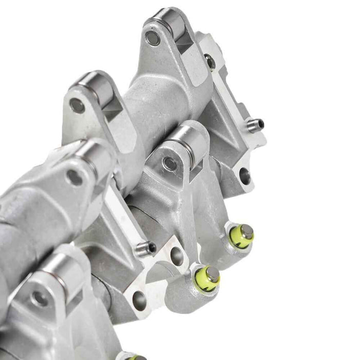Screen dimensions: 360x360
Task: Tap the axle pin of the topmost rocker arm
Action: point(152,38)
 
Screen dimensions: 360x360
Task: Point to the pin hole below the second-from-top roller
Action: point(77,105)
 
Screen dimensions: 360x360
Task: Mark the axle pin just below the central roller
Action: point(169,164)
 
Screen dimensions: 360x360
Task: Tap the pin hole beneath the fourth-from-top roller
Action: point(75,177)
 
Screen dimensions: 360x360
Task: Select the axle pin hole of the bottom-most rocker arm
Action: point(39,297)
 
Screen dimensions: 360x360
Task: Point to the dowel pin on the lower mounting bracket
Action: point(146,248)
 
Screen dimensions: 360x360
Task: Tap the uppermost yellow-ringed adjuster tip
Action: point(242,235)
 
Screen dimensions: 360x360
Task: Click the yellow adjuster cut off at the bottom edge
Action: point(134,356)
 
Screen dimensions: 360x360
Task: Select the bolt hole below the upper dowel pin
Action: point(245,175)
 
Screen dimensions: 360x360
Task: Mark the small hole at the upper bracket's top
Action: point(210,62)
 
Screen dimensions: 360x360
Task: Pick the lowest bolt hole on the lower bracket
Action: point(139,298)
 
